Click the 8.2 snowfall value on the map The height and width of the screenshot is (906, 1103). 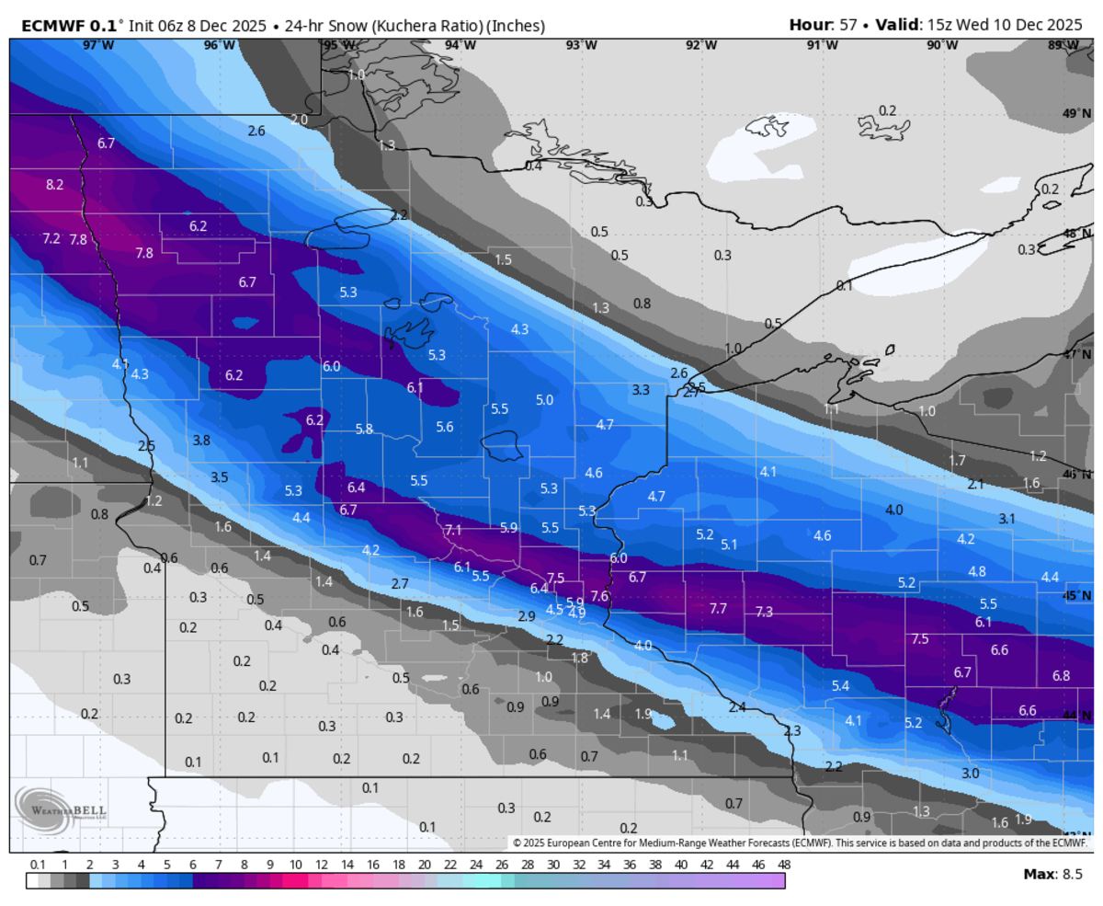pos(54,185)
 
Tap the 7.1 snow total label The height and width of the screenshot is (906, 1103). pos(452,531)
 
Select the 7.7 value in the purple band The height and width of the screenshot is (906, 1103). pos(718,609)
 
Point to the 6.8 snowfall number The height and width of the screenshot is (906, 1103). pos(1061,676)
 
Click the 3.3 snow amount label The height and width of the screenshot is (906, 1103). pos(641,390)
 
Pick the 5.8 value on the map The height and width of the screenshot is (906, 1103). pos(364,429)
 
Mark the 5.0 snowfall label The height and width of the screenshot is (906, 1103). pos(544,399)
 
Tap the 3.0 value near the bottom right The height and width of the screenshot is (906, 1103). pos(970,774)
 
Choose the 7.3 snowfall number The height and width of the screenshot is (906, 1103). pos(764,612)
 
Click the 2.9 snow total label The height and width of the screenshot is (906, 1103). pos(527,616)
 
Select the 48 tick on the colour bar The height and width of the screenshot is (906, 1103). pos(783,865)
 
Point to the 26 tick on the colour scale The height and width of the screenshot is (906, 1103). pos(501,865)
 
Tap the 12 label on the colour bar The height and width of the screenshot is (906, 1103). pos(321,865)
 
